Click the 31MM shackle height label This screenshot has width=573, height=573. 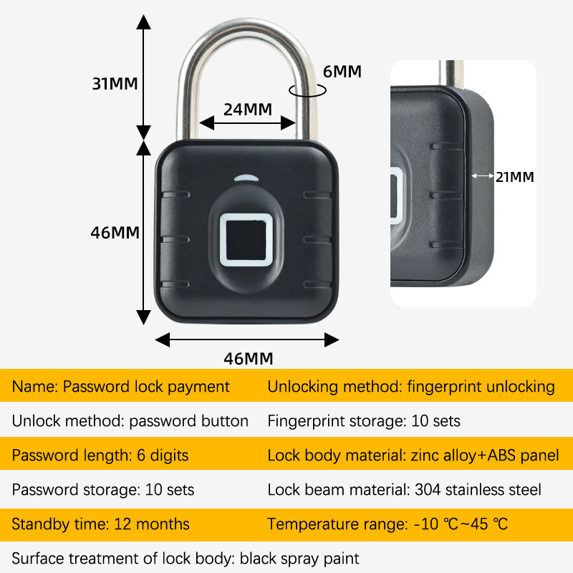[115, 83]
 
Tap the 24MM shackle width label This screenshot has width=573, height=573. [247, 110]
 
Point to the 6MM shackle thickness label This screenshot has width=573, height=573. [342, 72]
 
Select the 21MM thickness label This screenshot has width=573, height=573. [515, 177]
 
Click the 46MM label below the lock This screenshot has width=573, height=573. [249, 359]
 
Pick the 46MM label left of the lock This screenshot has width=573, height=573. [115, 233]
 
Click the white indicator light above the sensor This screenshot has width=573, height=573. [245, 179]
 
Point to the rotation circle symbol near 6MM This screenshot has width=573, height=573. [306, 90]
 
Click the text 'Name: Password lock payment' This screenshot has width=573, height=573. [121, 387]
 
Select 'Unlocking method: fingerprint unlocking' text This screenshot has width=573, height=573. [411, 387]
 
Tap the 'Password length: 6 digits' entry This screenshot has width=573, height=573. [100, 455]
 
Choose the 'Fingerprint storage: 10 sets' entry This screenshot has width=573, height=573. [364, 420]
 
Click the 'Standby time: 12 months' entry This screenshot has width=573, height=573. [101, 524]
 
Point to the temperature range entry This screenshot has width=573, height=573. [387, 524]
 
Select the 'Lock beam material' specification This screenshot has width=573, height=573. [405, 490]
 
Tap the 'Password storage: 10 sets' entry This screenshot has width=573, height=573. [103, 490]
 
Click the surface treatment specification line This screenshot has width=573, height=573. [186, 558]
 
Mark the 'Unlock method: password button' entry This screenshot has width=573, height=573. [130, 420]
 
